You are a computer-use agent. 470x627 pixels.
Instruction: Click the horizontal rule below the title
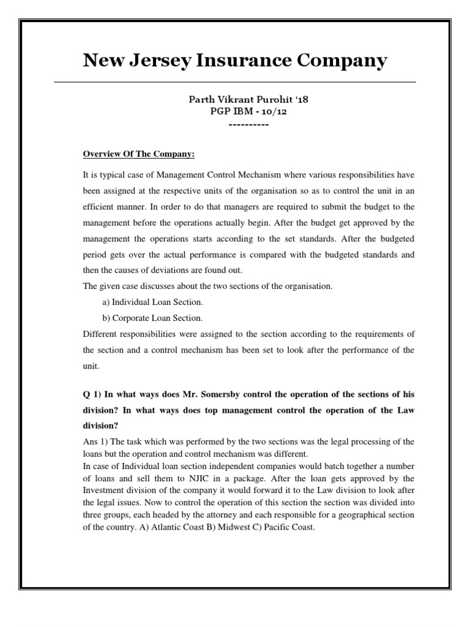pyautogui.click(x=235, y=81)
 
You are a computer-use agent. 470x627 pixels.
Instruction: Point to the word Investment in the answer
pyautogui.click(x=108, y=489)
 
